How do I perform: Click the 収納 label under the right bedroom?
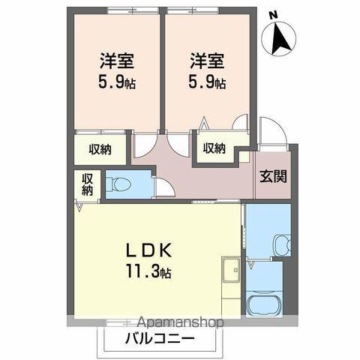(213, 148)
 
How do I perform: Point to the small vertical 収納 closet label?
(87, 185)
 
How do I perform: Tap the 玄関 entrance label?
(272, 178)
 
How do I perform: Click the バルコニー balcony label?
(159, 338)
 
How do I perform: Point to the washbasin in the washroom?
(280, 244)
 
